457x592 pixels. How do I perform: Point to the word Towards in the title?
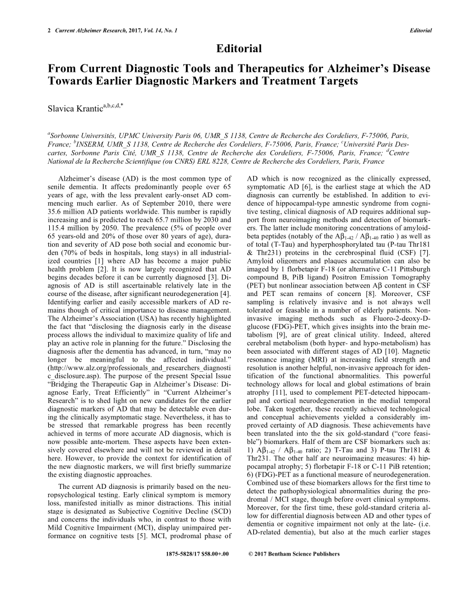[x=71, y=81]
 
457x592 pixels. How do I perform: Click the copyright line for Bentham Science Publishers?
[x=293, y=554]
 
